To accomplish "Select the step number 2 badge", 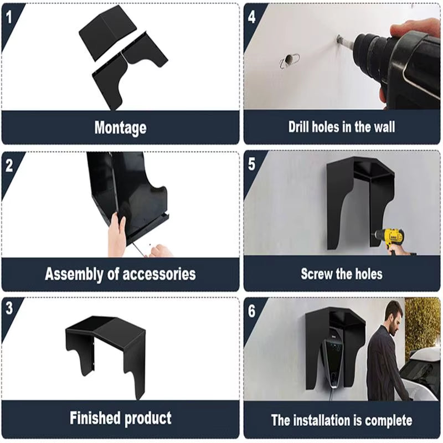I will tap(9, 165).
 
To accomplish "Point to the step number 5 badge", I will tap(252, 165).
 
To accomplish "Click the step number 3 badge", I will tap(9, 310).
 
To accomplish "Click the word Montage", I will tap(120, 128).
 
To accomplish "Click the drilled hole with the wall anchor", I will tap(290, 59).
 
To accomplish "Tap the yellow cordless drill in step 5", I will tap(395, 239).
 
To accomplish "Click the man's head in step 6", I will tap(393, 316).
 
